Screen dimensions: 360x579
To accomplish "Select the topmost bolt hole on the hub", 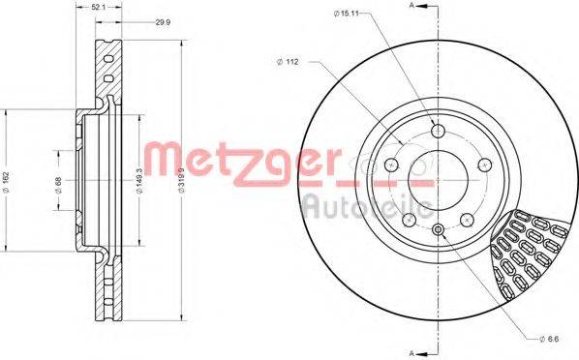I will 437,133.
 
